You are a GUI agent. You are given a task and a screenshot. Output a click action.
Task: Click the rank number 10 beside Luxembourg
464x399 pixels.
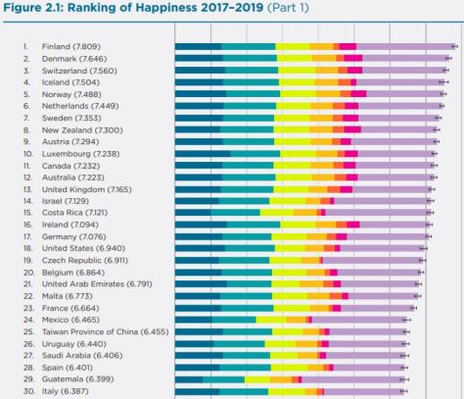[x=28, y=153]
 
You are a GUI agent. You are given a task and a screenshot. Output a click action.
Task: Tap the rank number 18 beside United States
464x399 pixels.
[x=28, y=248]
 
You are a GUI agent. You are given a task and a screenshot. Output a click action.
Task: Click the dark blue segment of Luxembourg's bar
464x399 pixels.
[x=202, y=153]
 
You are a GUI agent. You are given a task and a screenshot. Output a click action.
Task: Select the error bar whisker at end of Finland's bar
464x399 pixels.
[x=454, y=46]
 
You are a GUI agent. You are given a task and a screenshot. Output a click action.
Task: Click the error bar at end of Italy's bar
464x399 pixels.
[x=405, y=391]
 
